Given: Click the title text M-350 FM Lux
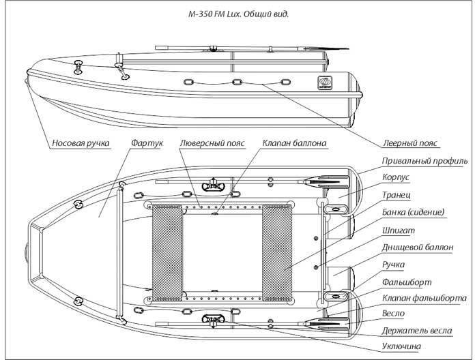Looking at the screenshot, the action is click(x=214, y=14).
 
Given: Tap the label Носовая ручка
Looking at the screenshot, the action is click(x=81, y=143).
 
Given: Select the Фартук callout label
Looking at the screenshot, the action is click(x=147, y=143).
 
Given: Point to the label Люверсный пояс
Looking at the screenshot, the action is click(x=212, y=143).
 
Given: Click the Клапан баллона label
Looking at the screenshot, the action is click(x=294, y=143).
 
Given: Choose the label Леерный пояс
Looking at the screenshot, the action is click(x=410, y=143).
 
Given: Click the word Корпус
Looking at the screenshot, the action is click(x=396, y=177).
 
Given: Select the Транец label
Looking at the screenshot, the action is click(x=397, y=195).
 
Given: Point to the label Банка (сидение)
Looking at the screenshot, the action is click(x=413, y=212).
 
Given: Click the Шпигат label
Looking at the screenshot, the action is click(x=399, y=230).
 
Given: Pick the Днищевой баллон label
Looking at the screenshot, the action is click(x=418, y=247).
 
